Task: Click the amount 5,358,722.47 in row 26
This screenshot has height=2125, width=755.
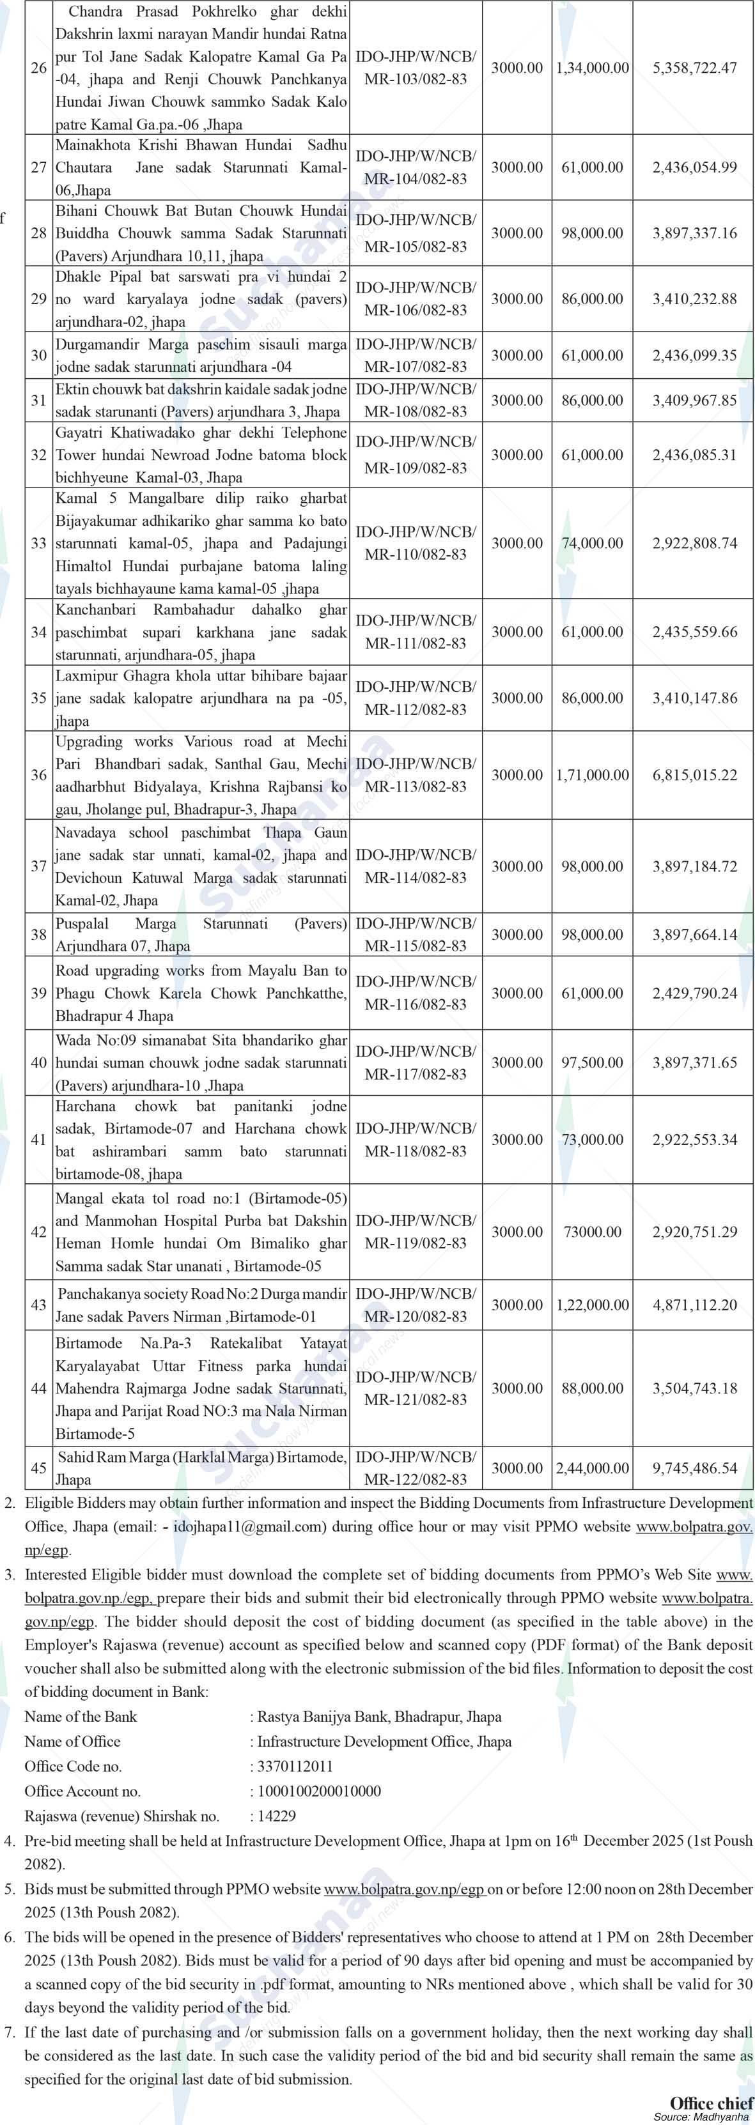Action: pos(694,68)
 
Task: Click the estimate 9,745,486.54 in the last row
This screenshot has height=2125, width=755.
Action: pos(694,1468)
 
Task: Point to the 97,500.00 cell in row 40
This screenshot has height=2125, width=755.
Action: pos(591,1062)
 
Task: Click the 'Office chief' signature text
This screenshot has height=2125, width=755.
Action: pos(710,2102)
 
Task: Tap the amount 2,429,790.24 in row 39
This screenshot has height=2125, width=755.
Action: pos(694,993)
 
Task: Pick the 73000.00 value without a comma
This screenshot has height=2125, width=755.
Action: pos(591,1232)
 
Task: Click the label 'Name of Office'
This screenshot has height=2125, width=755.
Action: pos(73,1742)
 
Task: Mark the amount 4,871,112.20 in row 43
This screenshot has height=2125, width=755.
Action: pos(694,1305)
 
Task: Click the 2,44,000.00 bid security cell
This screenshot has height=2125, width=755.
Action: pos(591,1468)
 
